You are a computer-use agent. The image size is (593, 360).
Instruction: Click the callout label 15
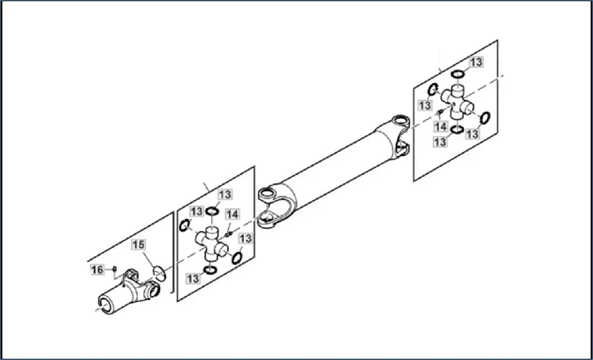coord(138,244)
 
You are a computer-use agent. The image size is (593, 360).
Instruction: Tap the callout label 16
coord(97,270)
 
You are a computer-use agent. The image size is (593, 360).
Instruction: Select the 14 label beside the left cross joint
coord(232,214)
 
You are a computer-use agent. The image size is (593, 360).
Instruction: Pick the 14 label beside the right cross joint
coord(440,127)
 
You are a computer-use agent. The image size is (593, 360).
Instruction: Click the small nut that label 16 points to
coord(114,269)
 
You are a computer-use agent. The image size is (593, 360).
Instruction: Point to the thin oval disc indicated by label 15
coord(158,272)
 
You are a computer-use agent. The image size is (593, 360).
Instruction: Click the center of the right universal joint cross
coord(457,100)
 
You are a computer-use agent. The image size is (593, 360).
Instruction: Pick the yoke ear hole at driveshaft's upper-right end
coord(401,122)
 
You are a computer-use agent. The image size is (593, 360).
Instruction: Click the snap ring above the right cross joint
coord(457,74)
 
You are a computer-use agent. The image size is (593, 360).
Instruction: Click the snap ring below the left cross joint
coord(209,270)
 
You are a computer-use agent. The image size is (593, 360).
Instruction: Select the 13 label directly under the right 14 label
coord(440,142)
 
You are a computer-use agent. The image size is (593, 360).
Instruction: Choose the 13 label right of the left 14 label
coord(245,238)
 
